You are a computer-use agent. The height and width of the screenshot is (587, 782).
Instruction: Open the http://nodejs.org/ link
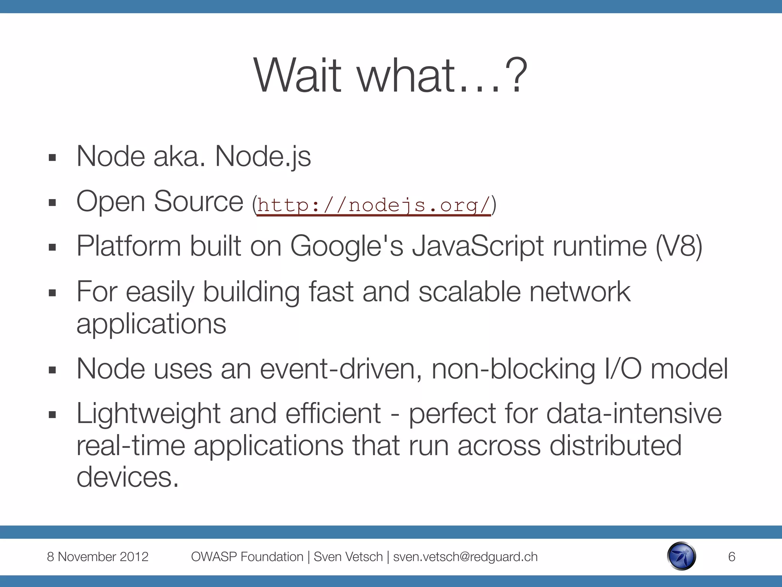(373, 206)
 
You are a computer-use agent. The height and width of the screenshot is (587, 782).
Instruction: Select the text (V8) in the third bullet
(679, 246)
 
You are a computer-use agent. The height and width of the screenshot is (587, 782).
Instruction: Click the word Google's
(347, 246)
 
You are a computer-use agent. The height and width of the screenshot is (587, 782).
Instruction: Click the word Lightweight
(149, 414)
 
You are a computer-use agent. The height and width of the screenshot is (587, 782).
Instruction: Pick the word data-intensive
(634, 414)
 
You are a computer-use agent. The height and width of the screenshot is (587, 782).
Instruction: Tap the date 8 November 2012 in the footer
(97, 557)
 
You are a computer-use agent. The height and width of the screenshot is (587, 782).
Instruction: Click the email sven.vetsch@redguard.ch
(465, 557)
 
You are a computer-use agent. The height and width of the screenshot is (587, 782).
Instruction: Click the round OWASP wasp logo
(682, 556)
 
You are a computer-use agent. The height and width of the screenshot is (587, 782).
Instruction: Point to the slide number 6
(731, 557)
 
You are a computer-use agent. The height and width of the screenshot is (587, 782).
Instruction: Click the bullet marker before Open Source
(52, 203)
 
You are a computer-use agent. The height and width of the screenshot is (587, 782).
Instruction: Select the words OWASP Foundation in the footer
(247, 557)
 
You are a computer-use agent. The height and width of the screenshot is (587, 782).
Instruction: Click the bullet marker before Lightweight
(52, 415)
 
